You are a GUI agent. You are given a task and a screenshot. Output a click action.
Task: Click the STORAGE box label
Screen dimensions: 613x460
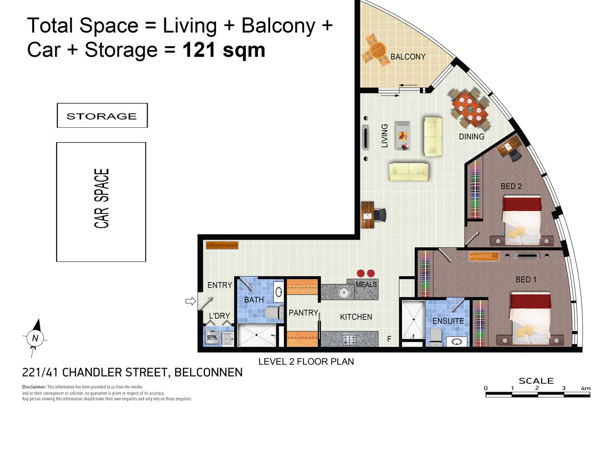[x=102, y=116]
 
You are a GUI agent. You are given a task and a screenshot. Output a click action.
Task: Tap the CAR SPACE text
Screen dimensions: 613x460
[x=101, y=199]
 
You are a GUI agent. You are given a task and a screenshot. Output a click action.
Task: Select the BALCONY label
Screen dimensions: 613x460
[x=408, y=57]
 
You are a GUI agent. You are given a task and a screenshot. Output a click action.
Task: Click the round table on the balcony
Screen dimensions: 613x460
[x=375, y=50]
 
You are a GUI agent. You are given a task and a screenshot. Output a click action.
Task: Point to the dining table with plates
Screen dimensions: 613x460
[x=470, y=108]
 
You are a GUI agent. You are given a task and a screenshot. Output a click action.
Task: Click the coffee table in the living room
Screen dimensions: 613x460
[x=403, y=136]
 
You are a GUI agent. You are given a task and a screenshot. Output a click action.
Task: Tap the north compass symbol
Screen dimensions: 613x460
[x=35, y=338]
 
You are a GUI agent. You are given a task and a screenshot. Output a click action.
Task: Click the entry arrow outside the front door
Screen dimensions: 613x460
[x=191, y=301]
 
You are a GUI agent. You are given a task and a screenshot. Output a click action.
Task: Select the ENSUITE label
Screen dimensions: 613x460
[x=448, y=321]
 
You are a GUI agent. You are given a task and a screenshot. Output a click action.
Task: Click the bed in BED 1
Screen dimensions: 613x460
[x=530, y=318]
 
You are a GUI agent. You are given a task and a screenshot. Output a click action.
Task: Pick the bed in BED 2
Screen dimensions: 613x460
[x=522, y=220]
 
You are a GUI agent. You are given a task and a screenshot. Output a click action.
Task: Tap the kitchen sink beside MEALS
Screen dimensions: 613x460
[x=343, y=292]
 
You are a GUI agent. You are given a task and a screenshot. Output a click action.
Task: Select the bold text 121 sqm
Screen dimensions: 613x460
[x=224, y=50]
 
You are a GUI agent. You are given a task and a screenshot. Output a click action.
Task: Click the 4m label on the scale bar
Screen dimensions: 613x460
[x=585, y=388]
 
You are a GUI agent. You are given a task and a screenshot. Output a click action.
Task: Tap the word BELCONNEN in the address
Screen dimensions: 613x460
[x=208, y=372]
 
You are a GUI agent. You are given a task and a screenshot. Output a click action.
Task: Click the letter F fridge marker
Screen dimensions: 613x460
[x=389, y=339]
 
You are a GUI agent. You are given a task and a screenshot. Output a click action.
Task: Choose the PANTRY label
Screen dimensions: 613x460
[x=303, y=312]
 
